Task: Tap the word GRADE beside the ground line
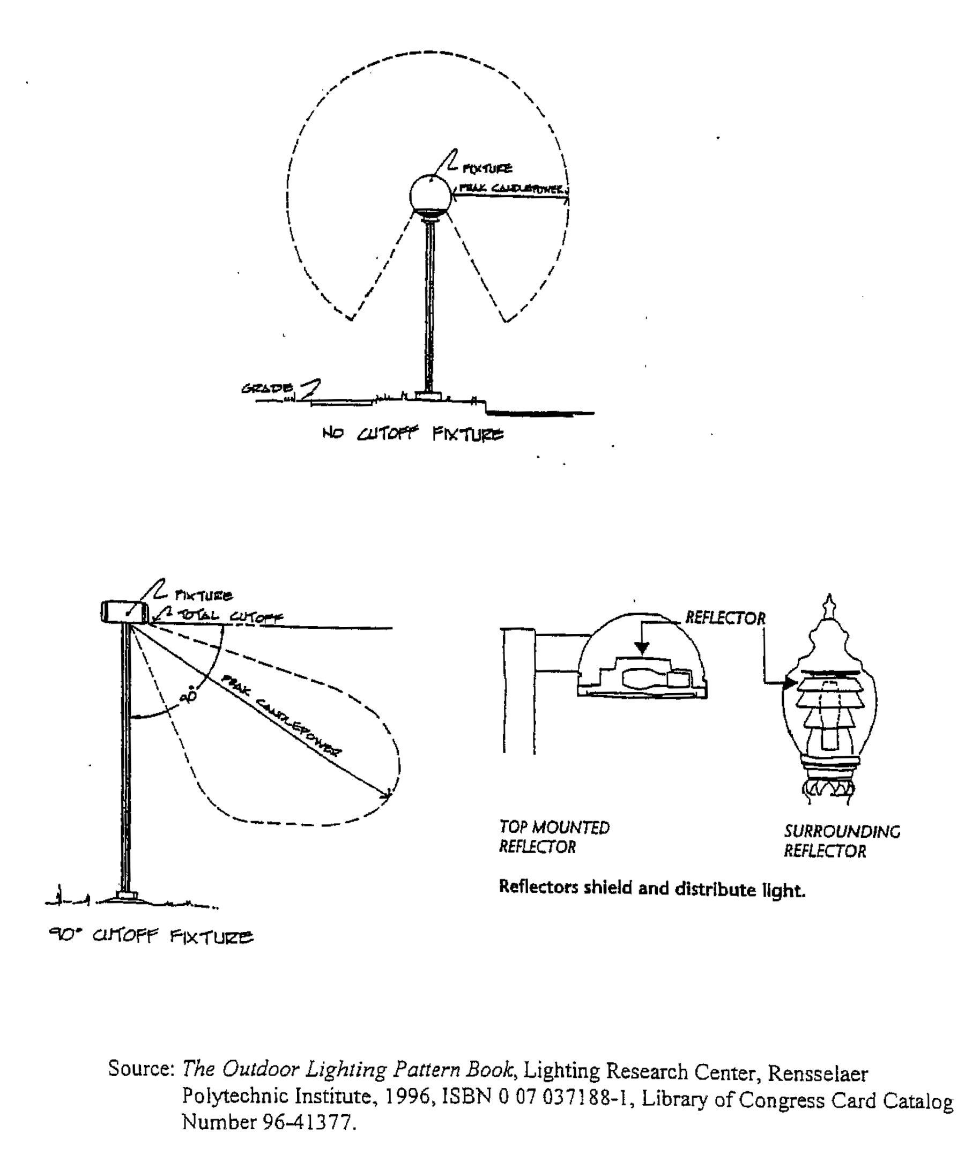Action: (267, 388)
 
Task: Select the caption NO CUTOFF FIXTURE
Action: (413, 434)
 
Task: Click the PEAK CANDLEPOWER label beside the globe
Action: (511, 189)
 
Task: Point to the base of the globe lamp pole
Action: (428, 396)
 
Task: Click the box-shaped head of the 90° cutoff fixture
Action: (124, 612)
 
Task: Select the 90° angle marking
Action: (189, 695)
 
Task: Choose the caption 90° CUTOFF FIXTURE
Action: (151, 936)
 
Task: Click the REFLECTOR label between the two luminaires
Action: (725, 618)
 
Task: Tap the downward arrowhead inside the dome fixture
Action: (642, 649)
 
